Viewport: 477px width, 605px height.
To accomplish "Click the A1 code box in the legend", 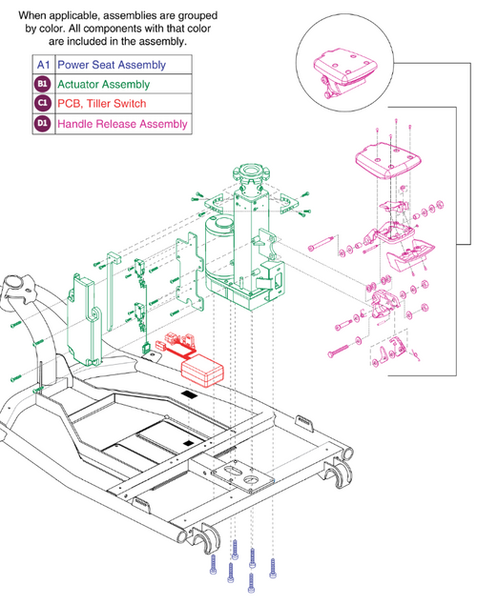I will pos(41,66).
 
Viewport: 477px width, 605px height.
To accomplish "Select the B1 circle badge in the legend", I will pos(41,85).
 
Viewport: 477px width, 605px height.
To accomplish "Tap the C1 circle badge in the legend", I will pos(41,104).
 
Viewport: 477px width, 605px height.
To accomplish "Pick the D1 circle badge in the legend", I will pos(41,124).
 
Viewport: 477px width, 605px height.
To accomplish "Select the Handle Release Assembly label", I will pos(121,124).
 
